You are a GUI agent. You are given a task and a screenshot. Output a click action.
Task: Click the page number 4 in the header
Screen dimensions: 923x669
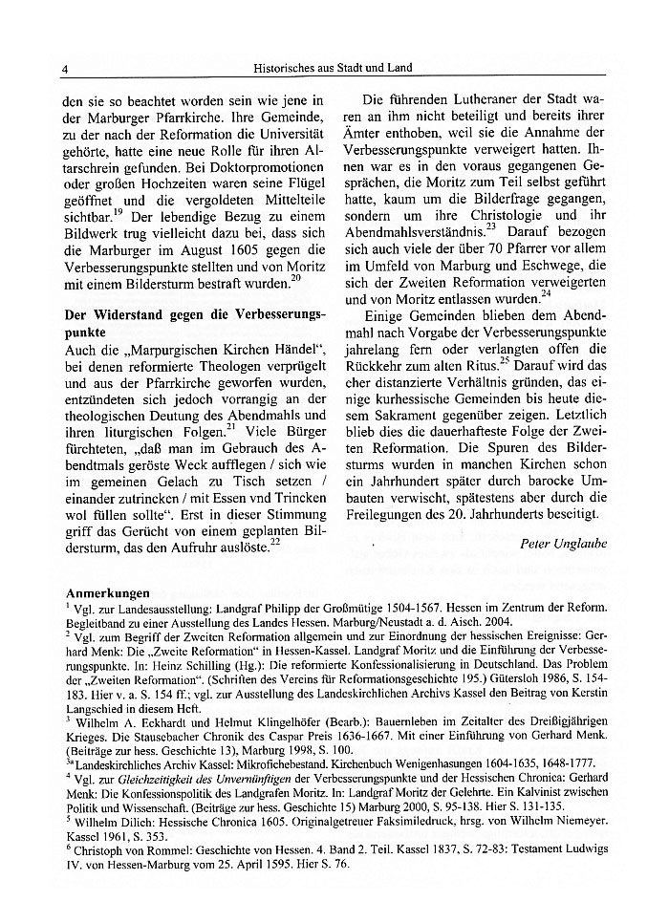coord(63,68)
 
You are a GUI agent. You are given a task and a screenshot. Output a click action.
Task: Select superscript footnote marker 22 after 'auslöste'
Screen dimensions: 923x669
coord(274,542)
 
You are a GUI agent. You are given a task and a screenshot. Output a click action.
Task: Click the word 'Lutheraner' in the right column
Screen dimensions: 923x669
coord(485,97)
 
